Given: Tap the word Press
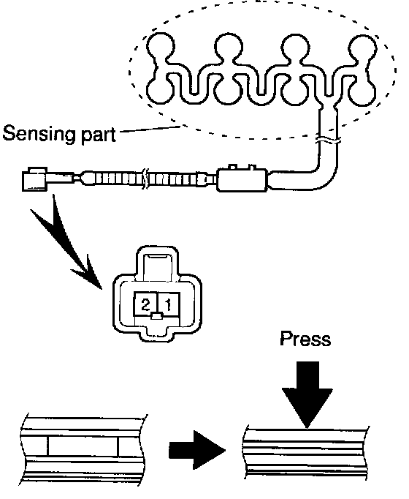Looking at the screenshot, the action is click(305, 339).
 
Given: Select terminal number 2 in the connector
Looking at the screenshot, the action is click(145, 305).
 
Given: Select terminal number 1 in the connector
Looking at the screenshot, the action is click(169, 305).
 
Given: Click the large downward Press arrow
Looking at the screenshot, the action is click(307, 394).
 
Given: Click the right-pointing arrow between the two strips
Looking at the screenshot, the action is click(197, 450).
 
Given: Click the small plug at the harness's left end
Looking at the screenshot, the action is click(36, 179).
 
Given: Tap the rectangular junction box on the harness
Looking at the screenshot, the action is click(242, 179).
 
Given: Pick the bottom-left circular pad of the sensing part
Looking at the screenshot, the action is click(160, 91).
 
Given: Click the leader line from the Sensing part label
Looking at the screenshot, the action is click(149, 129).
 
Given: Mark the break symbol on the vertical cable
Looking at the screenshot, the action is click(329, 140).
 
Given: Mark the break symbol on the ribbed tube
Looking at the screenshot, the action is click(145, 179).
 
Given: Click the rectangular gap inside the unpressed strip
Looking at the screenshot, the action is click(83, 446).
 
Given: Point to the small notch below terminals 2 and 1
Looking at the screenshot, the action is click(157, 316).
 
